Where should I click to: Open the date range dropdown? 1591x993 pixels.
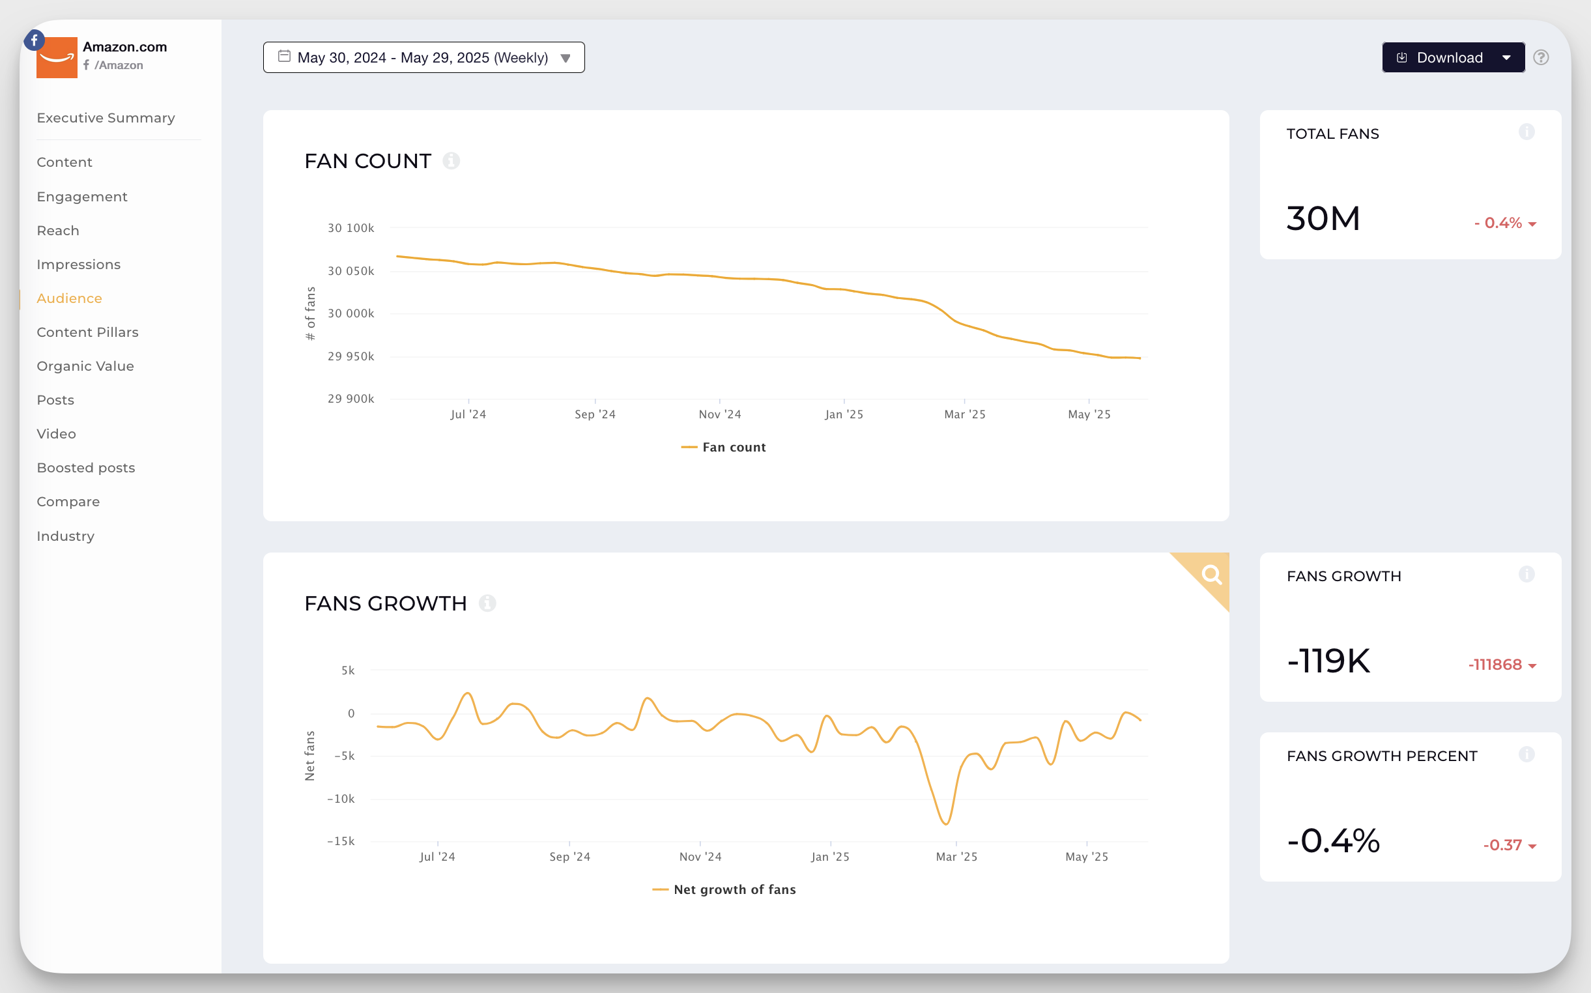[x=423, y=58]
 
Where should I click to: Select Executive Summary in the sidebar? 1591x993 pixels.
[x=106, y=118]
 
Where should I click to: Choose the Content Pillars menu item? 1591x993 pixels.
[x=87, y=332]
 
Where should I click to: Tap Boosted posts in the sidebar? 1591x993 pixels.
[x=86, y=468]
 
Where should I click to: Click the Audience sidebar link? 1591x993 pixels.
[x=70, y=299]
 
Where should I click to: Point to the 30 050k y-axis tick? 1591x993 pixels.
[x=351, y=271]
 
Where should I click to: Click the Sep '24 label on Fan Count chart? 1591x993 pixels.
[x=595, y=414]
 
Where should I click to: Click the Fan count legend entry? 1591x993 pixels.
[x=724, y=448]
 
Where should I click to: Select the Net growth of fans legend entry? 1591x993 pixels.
[x=724, y=890]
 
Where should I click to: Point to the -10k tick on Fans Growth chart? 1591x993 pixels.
[x=341, y=799]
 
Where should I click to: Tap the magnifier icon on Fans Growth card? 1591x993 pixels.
[x=1211, y=575]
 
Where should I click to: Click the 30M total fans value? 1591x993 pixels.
[x=1323, y=219]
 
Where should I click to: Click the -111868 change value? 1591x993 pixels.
[x=1495, y=665]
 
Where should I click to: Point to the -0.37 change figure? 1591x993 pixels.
[x=1502, y=846]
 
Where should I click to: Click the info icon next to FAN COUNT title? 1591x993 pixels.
[x=451, y=161]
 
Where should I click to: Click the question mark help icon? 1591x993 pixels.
[x=1541, y=58]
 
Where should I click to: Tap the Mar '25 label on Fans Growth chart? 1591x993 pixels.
[x=956, y=857]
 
